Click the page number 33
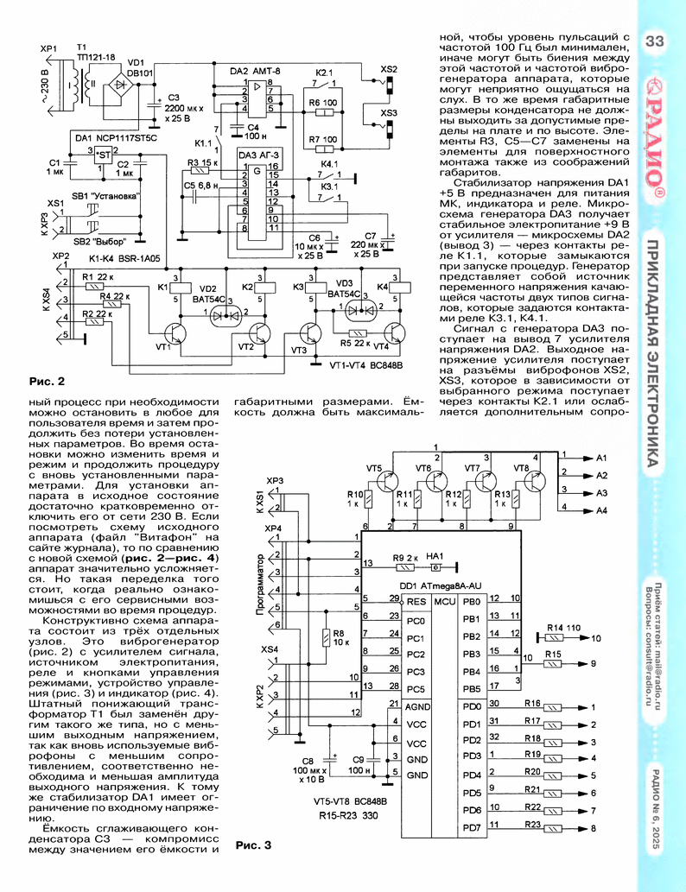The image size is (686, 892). click(655, 41)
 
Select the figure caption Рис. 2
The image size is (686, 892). click(47, 381)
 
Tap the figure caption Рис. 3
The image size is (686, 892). click(253, 845)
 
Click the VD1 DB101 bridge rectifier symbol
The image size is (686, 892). click(121, 85)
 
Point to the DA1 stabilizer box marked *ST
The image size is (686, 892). click(103, 155)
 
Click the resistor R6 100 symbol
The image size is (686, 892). click(322, 112)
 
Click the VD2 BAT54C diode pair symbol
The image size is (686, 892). click(225, 315)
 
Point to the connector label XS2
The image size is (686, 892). click(389, 69)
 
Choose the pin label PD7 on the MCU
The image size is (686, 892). click(472, 828)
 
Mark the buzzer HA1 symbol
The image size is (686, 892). click(435, 566)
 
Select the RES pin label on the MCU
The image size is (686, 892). click(416, 601)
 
